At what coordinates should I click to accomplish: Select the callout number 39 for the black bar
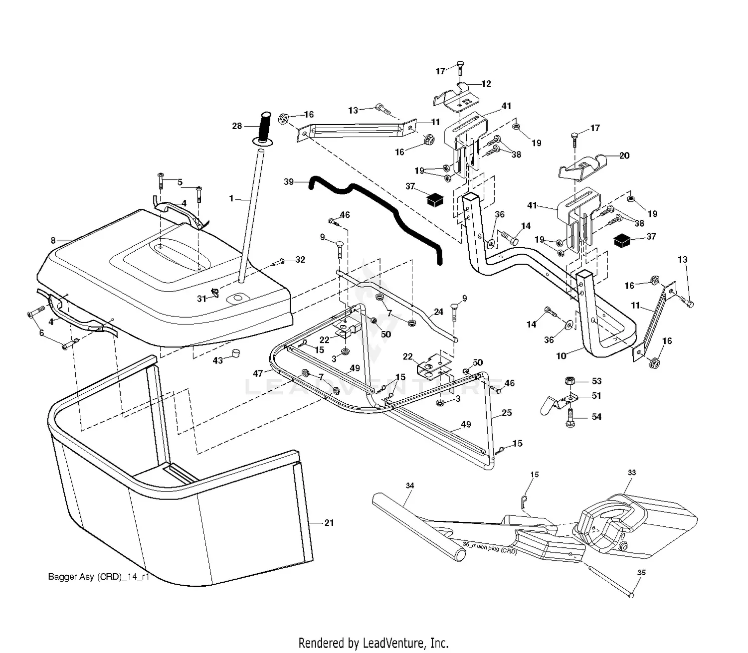click(289, 182)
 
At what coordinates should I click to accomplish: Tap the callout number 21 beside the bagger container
click(329, 522)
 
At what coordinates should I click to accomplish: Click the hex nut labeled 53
click(569, 381)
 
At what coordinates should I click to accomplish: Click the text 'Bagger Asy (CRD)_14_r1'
click(99, 577)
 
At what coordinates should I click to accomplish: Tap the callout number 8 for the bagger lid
click(53, 240)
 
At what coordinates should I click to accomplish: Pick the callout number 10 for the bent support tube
click(561, 355)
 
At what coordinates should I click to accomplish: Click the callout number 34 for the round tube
click(410, 486)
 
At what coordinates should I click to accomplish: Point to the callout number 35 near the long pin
click(641, 573)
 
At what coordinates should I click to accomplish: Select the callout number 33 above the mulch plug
click(632, 472)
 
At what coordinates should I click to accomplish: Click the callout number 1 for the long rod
click(231, 198)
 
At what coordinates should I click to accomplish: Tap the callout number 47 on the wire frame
click(258, 373)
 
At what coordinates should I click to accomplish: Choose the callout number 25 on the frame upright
click(507, 413)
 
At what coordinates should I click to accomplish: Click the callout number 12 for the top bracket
click(486, 84)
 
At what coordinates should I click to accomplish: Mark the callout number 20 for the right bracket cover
click(624, 156)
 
